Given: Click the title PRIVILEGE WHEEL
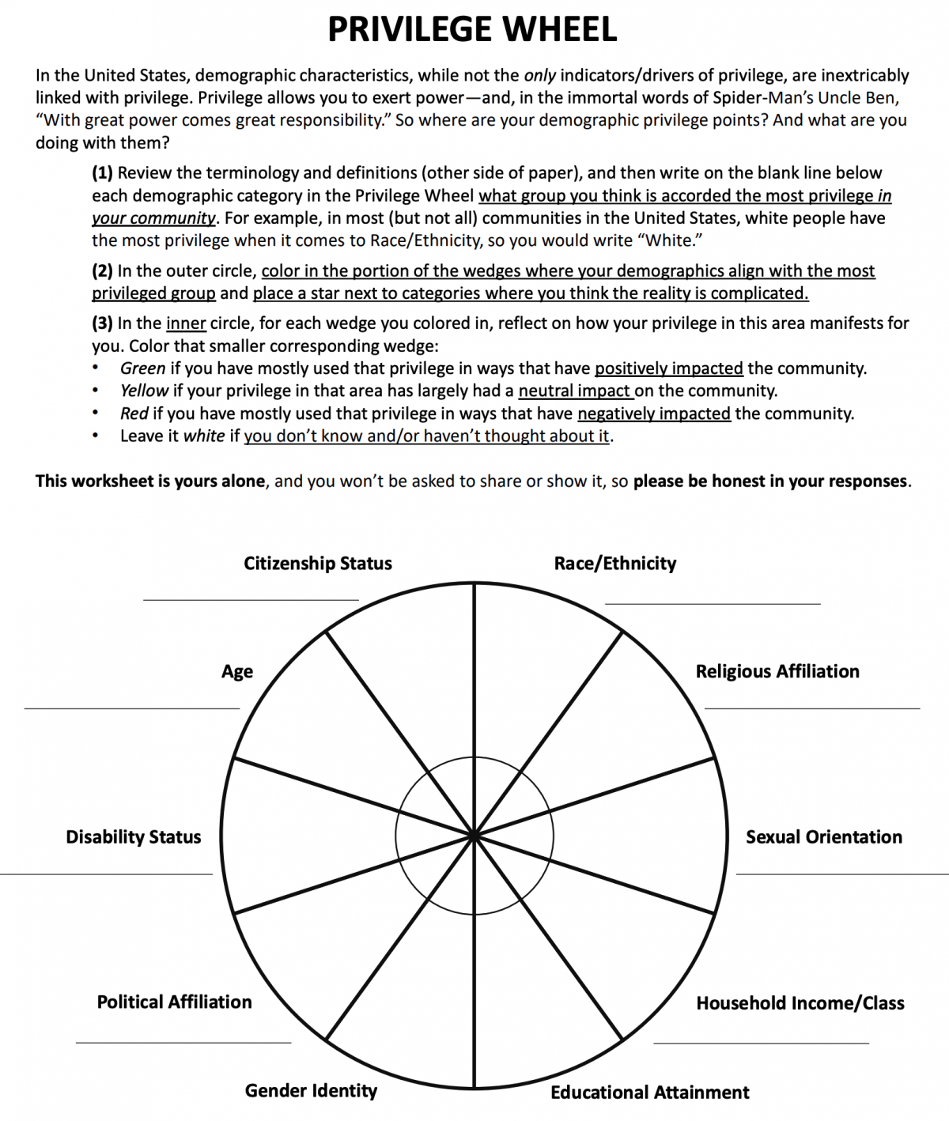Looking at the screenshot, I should coord(472,30).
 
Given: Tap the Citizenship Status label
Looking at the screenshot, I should coord(317,564).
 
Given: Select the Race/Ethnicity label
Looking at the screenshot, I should coord(614,564).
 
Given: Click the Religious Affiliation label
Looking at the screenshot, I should coord(777,671).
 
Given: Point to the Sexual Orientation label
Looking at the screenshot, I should coord(823,837).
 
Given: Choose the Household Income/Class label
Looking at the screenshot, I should coord(800,1003).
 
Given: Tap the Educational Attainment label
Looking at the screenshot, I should coord(649,1093).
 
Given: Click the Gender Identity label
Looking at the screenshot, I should coord(311,1091).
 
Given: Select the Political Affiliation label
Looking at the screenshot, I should coord(174,1002).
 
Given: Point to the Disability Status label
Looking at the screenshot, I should coord(133,837).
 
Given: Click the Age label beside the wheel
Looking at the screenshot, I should coord(237,672).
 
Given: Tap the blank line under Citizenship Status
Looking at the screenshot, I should coord(251,599).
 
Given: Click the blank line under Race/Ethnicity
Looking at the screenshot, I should coord(713,603).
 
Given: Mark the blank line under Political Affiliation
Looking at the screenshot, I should coord(183,1042).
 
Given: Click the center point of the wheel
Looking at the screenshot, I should coord(474,835).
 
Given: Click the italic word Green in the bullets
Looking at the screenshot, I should coord(142,368).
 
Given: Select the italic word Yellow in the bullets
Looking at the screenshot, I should coord(144,391).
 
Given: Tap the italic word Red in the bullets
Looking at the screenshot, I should coord(134,413).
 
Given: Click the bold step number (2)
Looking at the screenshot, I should coord(103,271).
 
